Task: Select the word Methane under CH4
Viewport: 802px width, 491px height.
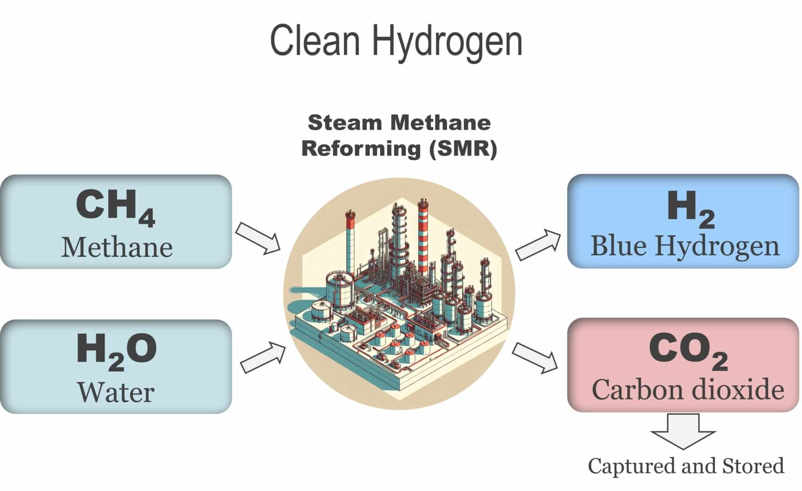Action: [x=117, y=248]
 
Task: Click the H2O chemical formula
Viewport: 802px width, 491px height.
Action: [x=116, y=350]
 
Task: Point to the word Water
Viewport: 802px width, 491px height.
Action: [x=116, y=392]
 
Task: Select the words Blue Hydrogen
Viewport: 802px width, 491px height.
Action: [x=685, y=246]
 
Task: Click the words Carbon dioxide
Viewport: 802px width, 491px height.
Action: [x=687, y=389]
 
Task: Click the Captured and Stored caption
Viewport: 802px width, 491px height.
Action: [x=686, y=466]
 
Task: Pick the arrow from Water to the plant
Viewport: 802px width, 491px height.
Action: [x=263, y=357]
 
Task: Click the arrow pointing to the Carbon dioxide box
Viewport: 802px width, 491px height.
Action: [x=535, y=357]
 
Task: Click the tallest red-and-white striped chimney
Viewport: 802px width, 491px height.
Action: [x=423, y=237]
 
